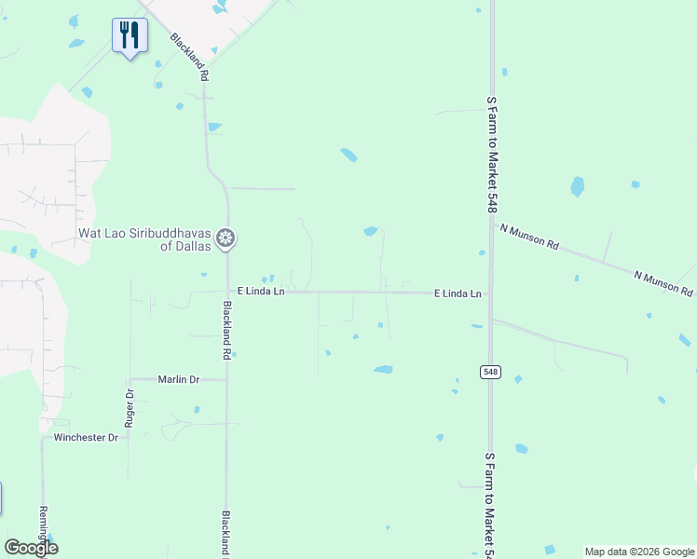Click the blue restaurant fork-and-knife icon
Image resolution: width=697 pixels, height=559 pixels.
click(x=130, y=35)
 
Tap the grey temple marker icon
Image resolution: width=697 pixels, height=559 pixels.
click(x=225, y=239)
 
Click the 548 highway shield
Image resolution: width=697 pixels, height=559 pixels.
click(x=491, y=372)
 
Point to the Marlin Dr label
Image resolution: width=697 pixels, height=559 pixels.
click(x=179, y=379)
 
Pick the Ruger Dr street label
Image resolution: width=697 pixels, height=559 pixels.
click(x=130, y=408)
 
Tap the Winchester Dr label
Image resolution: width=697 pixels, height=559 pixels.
click(x=86, y=437)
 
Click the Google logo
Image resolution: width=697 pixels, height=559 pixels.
click(x=31, y=548)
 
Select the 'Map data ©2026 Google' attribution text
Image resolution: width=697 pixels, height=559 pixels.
click(x=639, y=552)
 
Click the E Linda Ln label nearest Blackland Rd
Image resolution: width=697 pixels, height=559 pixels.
click(x=260, y=292)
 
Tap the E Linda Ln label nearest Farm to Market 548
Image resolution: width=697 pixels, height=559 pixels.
click(x=458, y=293)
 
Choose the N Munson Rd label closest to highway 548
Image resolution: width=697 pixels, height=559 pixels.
click(x=528, y=237)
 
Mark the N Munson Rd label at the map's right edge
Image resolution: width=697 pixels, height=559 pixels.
click(x=663, y=283)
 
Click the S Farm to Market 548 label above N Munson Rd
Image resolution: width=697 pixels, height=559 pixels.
click(x=491, y=154)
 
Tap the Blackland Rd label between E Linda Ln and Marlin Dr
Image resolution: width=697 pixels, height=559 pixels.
click(x=226, y=330)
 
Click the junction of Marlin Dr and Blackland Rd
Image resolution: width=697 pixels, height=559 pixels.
click(x=227, y=379)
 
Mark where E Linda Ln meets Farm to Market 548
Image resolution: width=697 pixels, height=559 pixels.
click(x=491, y=294)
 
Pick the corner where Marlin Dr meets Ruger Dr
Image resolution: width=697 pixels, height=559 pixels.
click(x=130, y=379)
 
